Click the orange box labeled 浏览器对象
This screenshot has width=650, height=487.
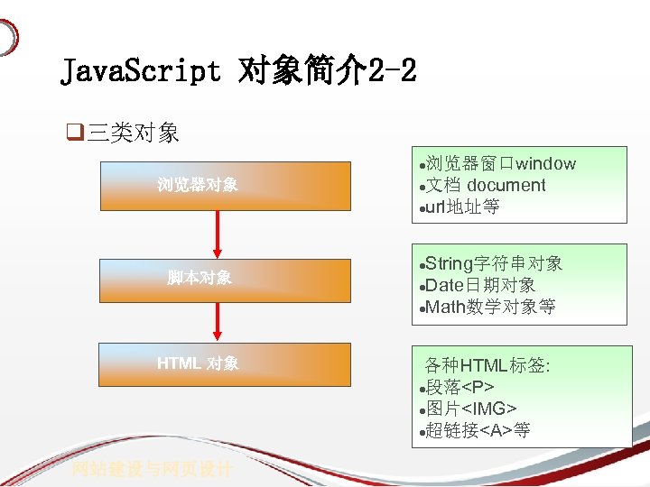(x=225, y=185)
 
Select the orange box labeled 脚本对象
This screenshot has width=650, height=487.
(x=225, y=277)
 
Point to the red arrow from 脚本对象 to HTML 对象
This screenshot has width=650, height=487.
(x=218, y=321)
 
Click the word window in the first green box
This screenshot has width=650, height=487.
(x=545, y=163)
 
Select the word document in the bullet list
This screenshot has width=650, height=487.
(x=506, y=185)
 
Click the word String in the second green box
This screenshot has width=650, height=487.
(x=449, y=263)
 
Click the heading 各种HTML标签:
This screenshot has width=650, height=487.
(x=487, y=365)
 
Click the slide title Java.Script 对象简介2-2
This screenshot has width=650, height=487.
(x=238, y=70)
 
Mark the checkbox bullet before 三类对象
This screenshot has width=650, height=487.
(x=74, y=133)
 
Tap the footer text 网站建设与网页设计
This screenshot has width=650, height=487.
(x=153, y=469)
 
